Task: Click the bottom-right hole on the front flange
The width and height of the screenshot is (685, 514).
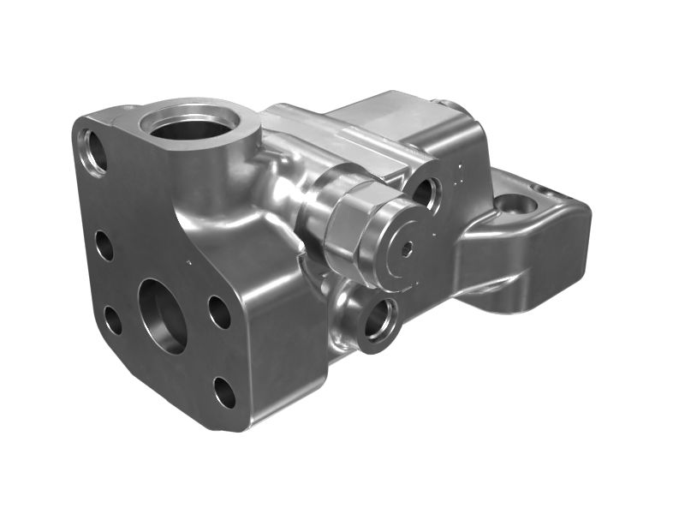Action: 224,393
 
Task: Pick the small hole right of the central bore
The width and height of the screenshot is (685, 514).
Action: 219,312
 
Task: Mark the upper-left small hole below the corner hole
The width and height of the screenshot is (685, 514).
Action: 104,246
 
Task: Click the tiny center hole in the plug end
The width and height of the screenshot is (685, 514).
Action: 407,248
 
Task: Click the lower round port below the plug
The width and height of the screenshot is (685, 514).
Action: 377,321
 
